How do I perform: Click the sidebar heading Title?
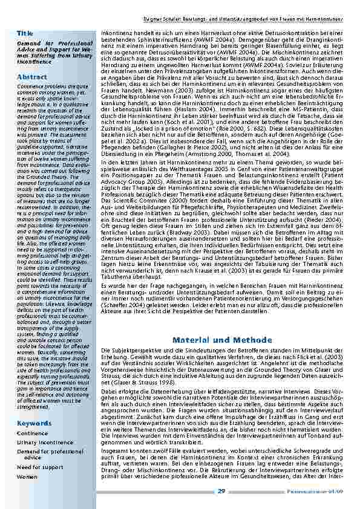25,32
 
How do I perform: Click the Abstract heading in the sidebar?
32,77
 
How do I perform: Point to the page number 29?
221,491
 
